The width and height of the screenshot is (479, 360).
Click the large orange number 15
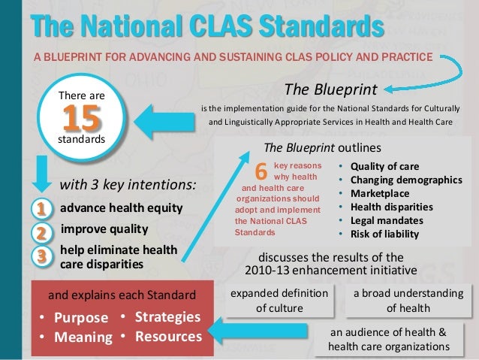(x=77, y=118)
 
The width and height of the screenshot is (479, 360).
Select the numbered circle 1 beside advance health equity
(x=42, y=207)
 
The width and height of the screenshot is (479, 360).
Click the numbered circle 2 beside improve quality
(x=42, y=231)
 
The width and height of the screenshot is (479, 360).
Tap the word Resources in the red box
(x=167, y=336)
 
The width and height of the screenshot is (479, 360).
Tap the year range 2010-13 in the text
(x=275, y=270)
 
